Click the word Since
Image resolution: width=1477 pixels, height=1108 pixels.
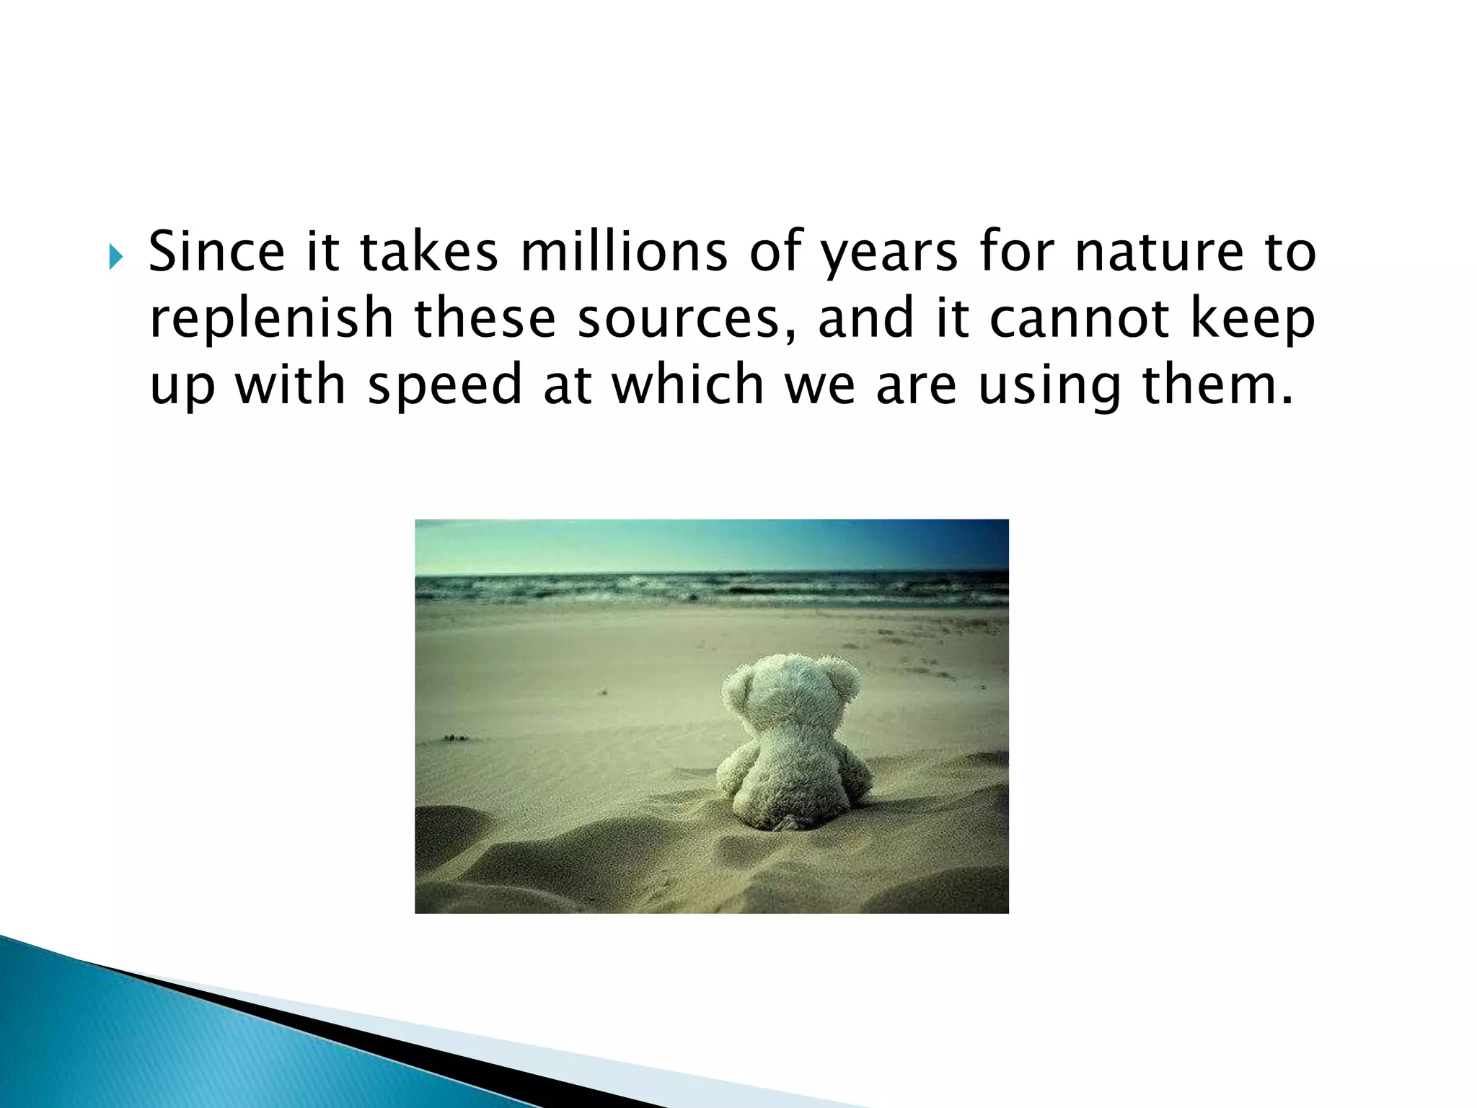[216, 252]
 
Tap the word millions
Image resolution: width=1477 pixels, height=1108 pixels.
[624, 252]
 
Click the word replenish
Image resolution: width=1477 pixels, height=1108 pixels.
[271, 319]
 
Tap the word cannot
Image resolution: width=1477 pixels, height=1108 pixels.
[1079, 319]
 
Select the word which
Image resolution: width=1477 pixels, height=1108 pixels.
[687, 384]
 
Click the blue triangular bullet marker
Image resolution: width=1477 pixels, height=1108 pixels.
[116, 256]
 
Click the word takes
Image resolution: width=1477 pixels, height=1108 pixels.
[429, 252]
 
